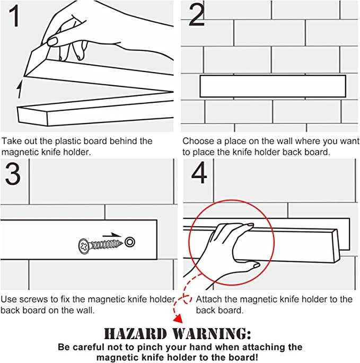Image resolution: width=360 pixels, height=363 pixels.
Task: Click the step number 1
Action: click(x=14, y=16)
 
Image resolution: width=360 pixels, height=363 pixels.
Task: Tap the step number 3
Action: click(x=13, y=174)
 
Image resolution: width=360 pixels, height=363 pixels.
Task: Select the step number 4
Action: click(x=199, y=172)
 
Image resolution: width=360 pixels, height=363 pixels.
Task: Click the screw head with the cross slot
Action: click(x=84, y=246)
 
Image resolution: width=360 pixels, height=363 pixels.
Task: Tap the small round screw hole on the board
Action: click(x=130, y=242)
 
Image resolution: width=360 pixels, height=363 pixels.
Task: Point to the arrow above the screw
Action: click(x=112, y=235)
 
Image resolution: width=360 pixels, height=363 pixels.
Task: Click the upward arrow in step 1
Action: click(x=20, y=89)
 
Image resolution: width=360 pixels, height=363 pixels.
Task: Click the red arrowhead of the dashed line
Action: click(x=178, y=319)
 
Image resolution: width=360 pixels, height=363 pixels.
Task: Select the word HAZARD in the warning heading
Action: click(x=135, y=334)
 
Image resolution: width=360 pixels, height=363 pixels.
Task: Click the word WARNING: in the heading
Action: click(x=212, y=334)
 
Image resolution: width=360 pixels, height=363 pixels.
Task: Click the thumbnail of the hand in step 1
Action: click(x=52, y=42)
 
